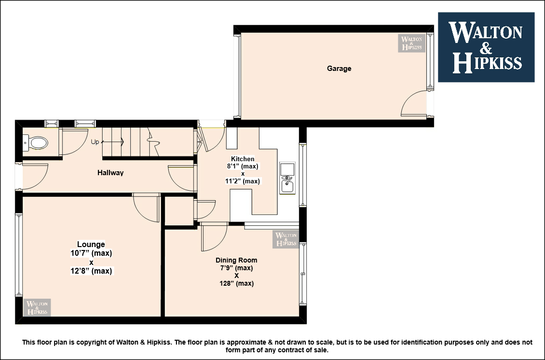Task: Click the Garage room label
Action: [339, 69]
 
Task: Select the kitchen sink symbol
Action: [287, 178]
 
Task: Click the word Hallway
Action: [110, 173]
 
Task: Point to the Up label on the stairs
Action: [95, 142]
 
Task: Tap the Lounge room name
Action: [91, 244]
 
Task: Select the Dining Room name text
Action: [236, 260]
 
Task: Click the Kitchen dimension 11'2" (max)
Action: [243, 181]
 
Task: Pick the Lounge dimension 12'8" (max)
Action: [91, 271]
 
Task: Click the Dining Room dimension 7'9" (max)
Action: [236, 268]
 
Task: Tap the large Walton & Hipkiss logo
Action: [486, 47]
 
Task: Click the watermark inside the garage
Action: [411, 43]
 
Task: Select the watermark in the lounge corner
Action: [37, 307]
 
